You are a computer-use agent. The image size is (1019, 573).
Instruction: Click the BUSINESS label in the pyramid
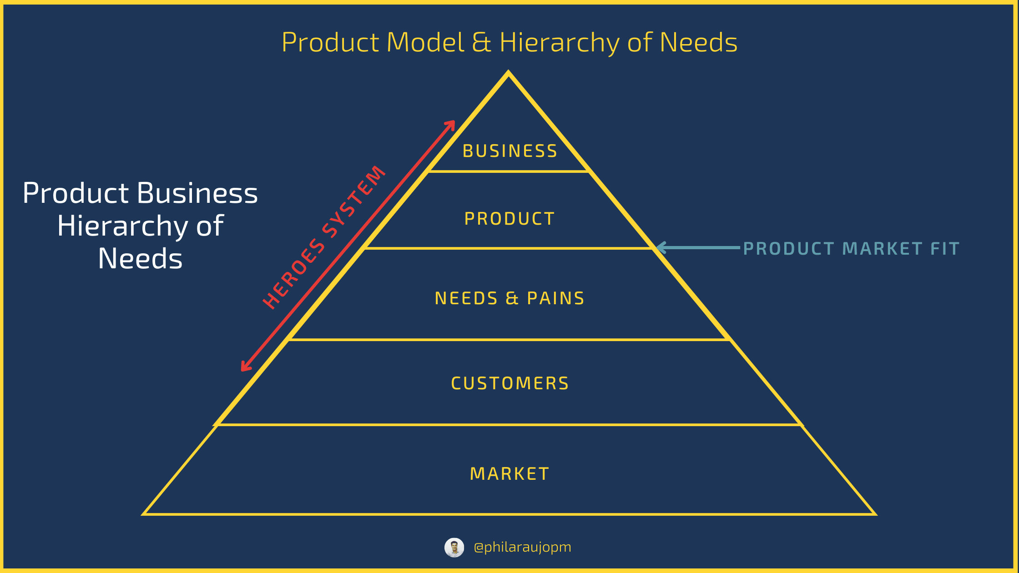(x=510, y=151)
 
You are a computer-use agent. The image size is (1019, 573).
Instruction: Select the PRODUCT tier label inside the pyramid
(x=509, y=219)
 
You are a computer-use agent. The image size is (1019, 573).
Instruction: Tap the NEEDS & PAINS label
(x=509, y=298)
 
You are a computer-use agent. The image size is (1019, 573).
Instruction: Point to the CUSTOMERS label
(x=510, y=383)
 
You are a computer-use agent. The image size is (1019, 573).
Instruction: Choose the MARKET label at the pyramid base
(x=509, y=474)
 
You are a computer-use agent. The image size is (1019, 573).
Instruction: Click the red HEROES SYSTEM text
(x=324, y=238)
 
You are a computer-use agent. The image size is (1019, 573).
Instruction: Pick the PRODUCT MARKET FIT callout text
(x=851, y=249)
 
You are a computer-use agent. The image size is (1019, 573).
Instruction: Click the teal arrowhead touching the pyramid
(x=661, y=248)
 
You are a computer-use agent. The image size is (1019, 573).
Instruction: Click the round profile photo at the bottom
(x=454, y=548)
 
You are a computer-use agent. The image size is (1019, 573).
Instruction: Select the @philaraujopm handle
(x=522, y=547)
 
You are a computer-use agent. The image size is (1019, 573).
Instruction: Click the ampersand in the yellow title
(x=482, y=42)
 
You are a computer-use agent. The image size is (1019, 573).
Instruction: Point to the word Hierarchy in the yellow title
(x=560, y=43)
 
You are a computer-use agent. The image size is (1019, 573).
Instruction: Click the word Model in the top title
(x=425, y=42)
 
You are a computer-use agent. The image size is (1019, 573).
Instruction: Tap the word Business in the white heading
(x=197, y=193)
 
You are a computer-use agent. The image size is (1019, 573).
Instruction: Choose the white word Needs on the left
(x=140, y=259)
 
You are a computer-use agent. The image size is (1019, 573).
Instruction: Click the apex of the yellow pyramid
(x=509, y=72)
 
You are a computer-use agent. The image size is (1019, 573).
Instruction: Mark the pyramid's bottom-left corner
(x=143, y=514)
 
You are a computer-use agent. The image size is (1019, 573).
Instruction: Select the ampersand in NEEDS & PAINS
(x=512, y=298)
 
